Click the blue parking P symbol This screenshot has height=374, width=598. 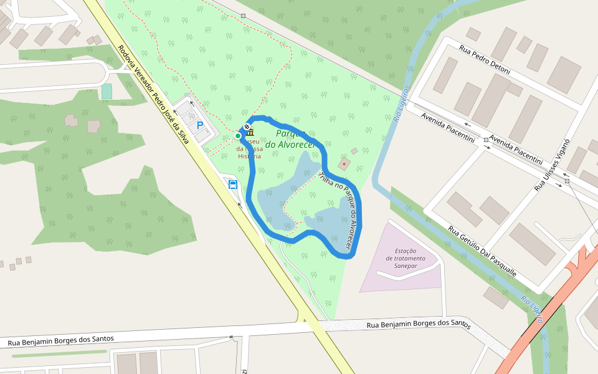click(200, 125)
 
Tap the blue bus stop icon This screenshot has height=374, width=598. click(233, 184)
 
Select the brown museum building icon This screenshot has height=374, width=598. click(250, 132)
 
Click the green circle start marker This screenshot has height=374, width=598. click(238, 136)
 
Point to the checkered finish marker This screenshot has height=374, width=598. click(247, 127)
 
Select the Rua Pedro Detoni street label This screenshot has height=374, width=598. click(484, 59)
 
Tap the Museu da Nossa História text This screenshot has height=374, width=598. click(249, 149)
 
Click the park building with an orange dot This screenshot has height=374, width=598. click(344, 164)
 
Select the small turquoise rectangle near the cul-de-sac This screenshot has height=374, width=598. click(107, 91)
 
